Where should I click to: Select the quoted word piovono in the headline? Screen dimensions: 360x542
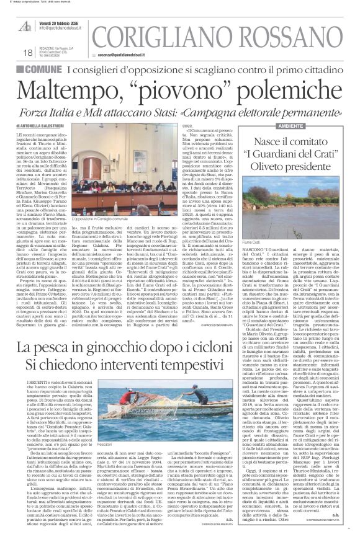[174, 93]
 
